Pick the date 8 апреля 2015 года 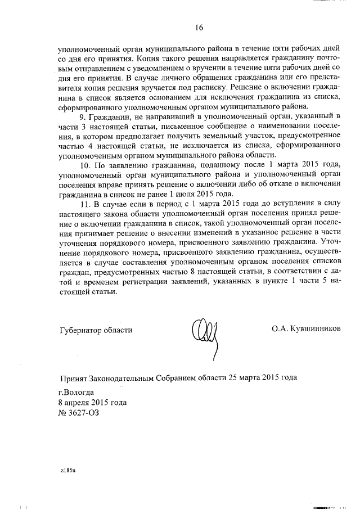point(92,402)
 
